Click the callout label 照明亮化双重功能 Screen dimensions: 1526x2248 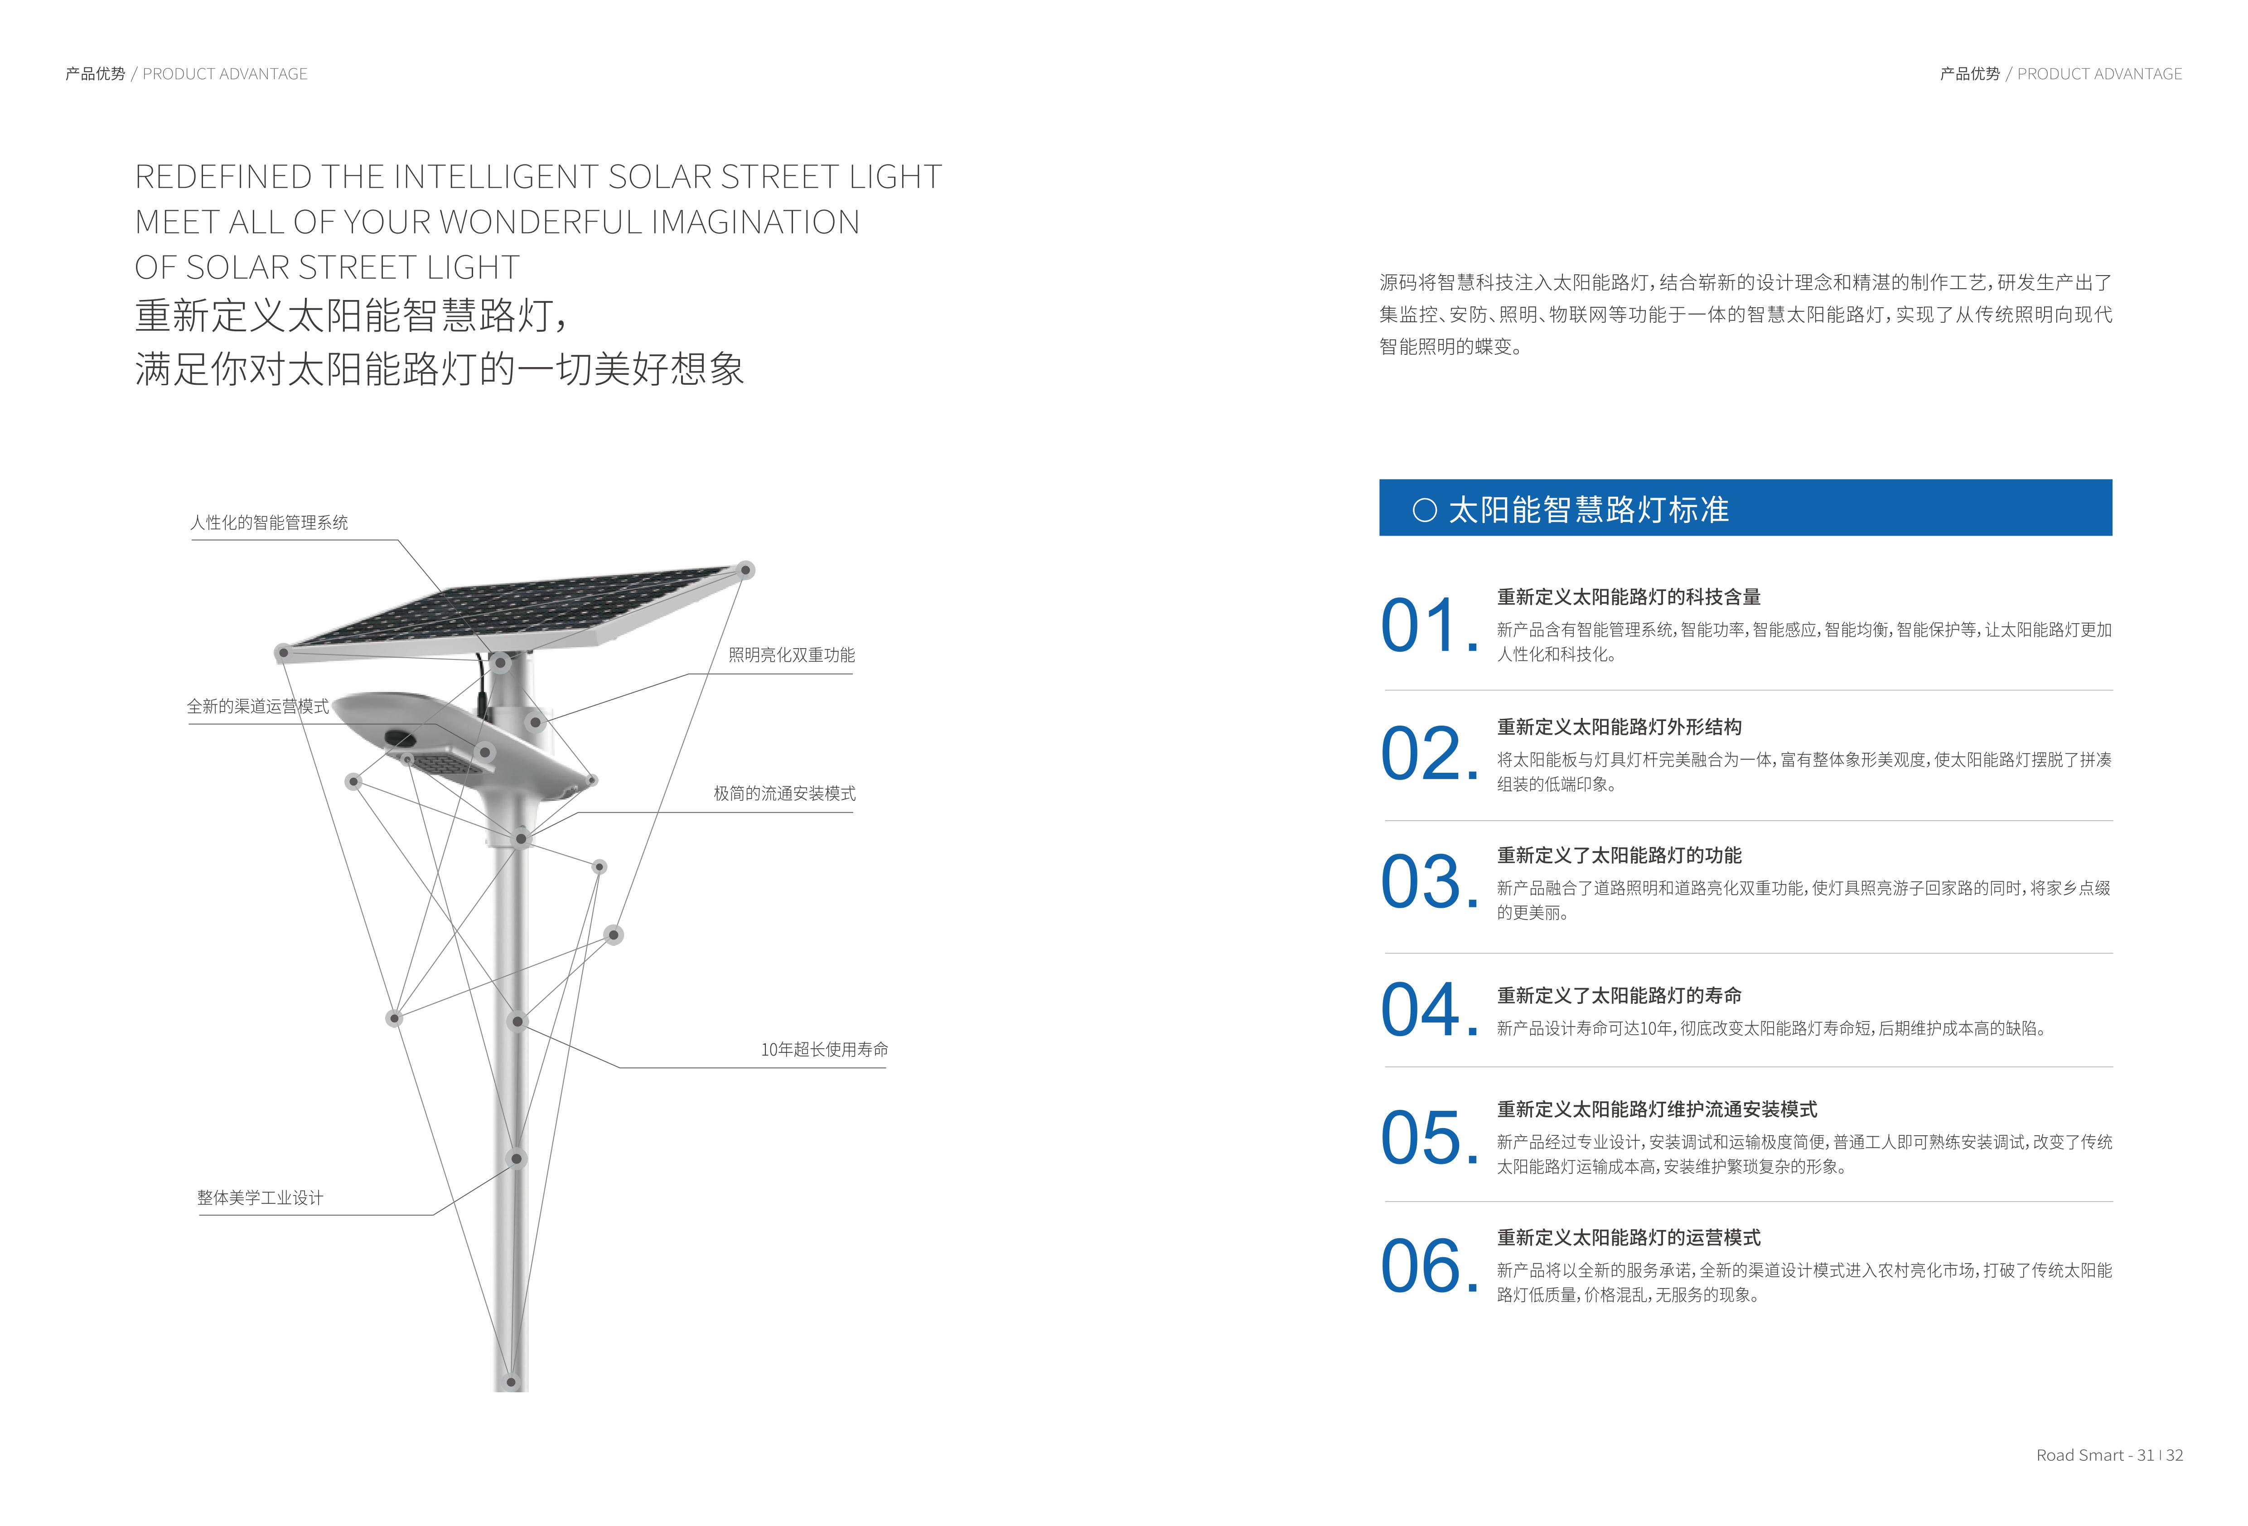[x=791, y=655]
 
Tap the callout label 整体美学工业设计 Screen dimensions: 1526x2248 [x=260, y=1198]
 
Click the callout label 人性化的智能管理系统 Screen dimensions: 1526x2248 [x=269, y=523]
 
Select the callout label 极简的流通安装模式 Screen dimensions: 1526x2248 [x=784, y=794]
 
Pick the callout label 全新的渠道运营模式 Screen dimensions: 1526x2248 [x=257, y=707]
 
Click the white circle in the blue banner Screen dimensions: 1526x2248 [x=1424, y=510]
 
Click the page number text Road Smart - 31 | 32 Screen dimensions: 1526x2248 [x=2109, y=1455]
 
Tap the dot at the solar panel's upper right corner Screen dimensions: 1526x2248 [x=746, y=570]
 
